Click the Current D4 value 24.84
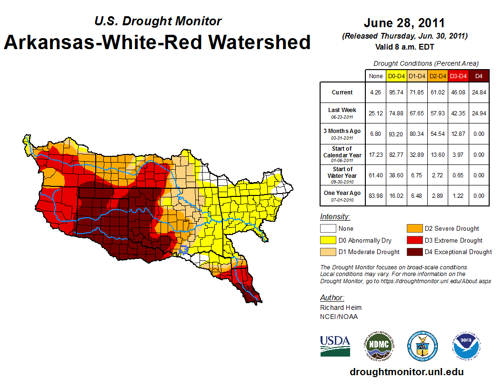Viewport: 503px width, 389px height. [479, 92]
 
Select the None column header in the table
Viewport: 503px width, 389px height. [375, 76]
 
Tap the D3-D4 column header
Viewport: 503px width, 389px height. [458, 76]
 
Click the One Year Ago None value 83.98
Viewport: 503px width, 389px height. [375, 196]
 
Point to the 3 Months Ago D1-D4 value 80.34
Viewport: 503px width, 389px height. [417, 134]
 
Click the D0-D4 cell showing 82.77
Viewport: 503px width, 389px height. [396, 155]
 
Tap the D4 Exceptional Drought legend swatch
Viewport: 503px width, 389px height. [413, 252]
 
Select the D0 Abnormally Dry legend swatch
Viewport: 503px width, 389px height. [327, 240]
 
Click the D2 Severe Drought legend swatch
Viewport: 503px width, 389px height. [413, 228]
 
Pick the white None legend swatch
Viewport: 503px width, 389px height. [327, 228]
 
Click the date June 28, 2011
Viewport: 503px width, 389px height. [404, 23]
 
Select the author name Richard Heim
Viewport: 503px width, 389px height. [341, 307]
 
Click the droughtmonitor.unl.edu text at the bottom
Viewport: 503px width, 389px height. [406, 372]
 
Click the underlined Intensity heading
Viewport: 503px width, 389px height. [335, 216]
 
